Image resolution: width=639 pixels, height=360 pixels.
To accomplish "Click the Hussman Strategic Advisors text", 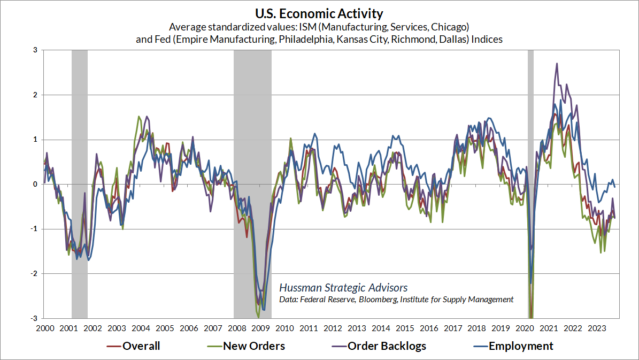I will [x=343, y=288].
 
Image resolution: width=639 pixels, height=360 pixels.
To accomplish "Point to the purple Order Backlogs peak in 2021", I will [x=557, y=64].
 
